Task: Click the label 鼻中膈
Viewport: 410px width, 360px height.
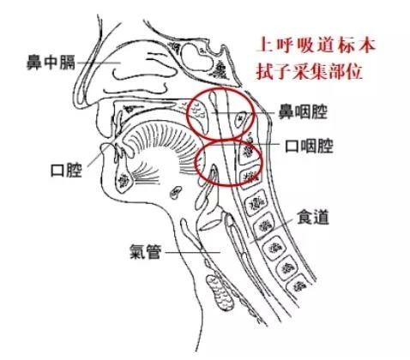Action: [51, 63]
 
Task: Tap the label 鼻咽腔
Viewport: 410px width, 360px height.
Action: [303, 111]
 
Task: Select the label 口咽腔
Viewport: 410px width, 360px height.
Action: [310, 146]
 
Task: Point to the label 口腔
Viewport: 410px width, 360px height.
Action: [66, 171]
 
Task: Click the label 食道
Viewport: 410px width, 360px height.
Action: [313, 217]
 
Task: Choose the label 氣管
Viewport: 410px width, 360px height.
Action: [146, 251]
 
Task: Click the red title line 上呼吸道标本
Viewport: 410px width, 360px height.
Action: [316, 45]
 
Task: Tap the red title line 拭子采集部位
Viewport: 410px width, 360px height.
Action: [310, 71]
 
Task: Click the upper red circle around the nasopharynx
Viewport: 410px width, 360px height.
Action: [187, 114]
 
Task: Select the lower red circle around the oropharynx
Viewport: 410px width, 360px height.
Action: [196, 163]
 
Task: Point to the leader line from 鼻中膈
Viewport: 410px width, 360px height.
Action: [99, 63]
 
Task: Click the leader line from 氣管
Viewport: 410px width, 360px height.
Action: [193, 252]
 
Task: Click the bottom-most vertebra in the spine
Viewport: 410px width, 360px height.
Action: [298, 284]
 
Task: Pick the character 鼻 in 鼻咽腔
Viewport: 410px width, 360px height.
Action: [286, 111]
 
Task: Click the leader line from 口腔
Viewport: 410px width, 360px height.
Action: [98, 156]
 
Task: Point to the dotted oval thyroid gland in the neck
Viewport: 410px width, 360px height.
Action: [220, 292]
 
